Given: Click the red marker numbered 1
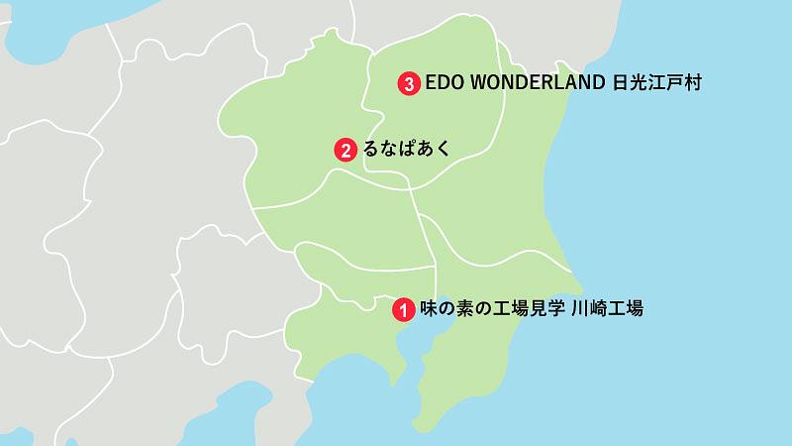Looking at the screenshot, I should (x=403, y=309).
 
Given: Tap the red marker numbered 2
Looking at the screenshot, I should (x=345, y=151).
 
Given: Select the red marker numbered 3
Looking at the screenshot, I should (x=407, y=84).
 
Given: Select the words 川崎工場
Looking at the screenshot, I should (x=609, y=309).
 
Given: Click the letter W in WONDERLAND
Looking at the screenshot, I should (x=478, y=84).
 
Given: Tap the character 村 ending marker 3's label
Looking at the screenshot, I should (x=692, y=84).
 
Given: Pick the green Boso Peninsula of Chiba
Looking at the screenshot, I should (x=465, y=367).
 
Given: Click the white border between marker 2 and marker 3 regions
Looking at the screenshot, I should (x=363, y=109).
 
